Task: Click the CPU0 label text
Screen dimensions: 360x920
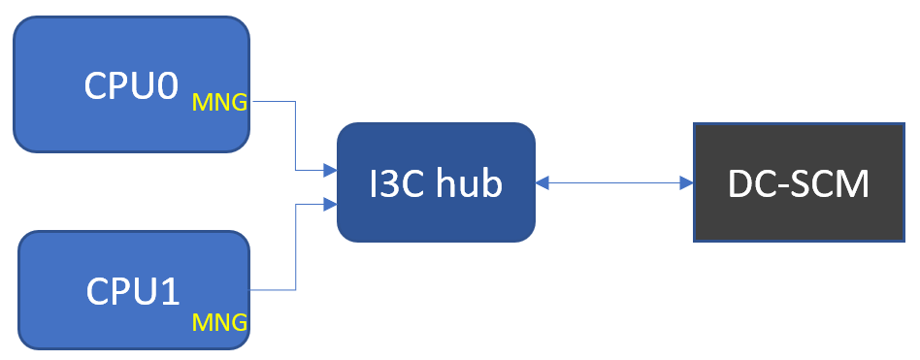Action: tap(131, 85)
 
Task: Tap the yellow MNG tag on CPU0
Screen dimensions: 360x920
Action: tap(220, 100)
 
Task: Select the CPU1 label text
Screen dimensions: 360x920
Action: tap(133, 290)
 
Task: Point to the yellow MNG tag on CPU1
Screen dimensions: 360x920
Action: tap(220, 321)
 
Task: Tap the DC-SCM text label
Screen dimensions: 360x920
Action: tap(799, 182)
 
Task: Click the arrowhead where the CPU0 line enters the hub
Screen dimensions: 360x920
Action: tap(330, 171)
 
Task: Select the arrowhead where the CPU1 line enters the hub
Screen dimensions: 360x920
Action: tap(330, 204)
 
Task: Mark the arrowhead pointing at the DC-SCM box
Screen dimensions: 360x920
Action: tap(686, 182)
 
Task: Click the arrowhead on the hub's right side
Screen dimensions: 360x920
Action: tap(542, 182)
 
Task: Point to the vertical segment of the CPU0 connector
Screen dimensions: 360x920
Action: tap(295, 136)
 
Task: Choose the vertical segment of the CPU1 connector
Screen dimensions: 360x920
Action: tap(295, 246)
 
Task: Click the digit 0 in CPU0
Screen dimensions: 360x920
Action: tap(167, 85)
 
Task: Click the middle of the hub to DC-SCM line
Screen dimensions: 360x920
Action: tap(614, 182)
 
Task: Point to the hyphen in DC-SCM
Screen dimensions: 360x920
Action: tap(776, 184)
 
